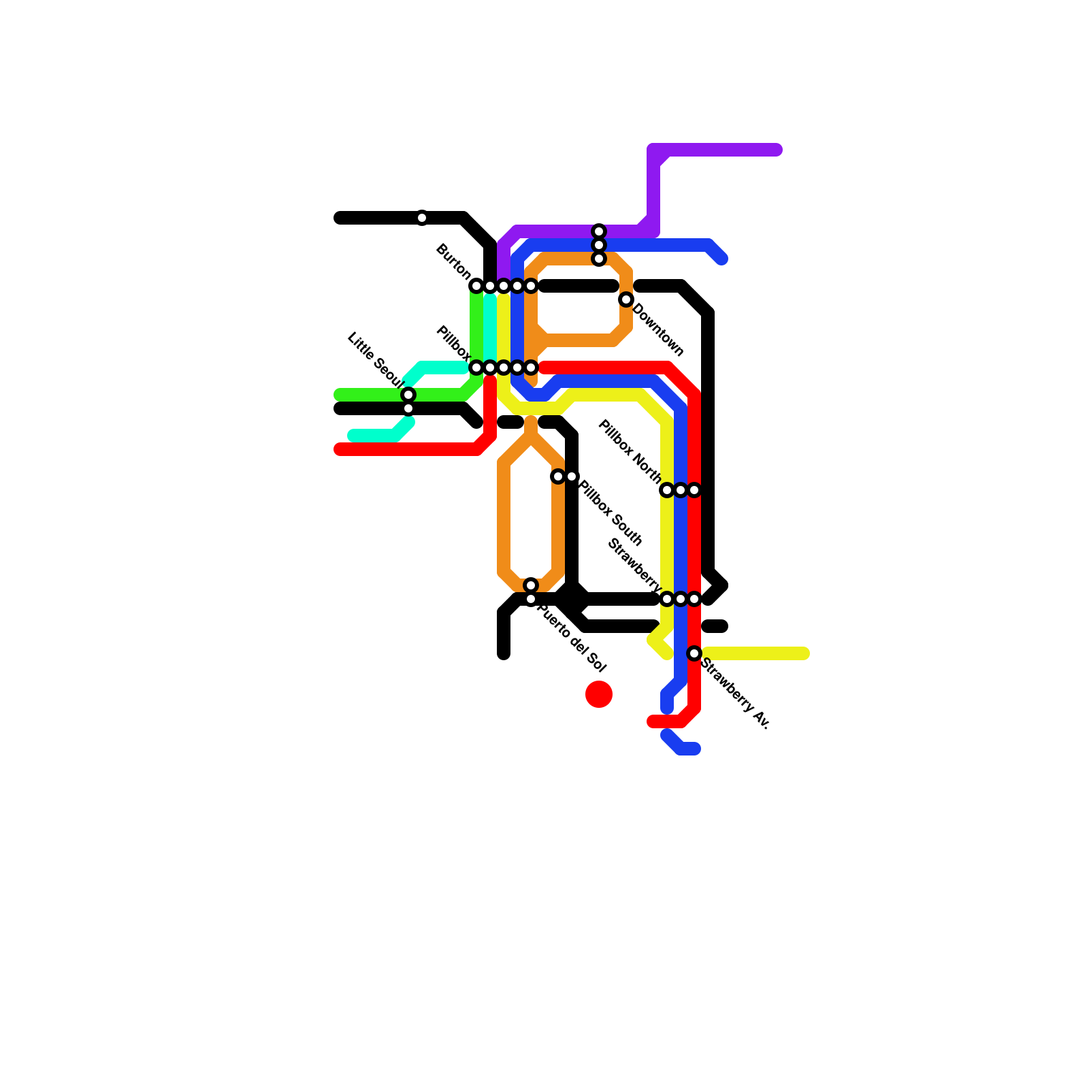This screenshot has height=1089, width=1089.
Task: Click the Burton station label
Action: (x=453, y=261)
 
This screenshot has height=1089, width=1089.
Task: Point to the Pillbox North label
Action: (x=630, y=452)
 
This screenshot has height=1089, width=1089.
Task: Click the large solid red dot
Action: (x=599, y=694)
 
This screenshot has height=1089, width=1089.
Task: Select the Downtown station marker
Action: (x=626, y=299)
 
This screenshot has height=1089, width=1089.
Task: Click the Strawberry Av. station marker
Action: (x=694, y=653)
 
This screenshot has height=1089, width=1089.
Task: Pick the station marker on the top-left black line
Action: (x=422, y=218)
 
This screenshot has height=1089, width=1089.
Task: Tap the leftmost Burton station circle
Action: (x=476, y=286)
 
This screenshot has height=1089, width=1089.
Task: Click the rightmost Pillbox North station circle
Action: (x=694, y=490)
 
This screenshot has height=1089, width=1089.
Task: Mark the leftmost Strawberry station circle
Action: (x=667, y=599)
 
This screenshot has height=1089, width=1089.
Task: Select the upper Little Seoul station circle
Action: (x=408, y=395)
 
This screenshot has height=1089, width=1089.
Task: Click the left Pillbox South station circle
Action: (x=558, y=476)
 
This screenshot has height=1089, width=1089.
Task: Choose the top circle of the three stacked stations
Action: (x=599, y=231)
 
